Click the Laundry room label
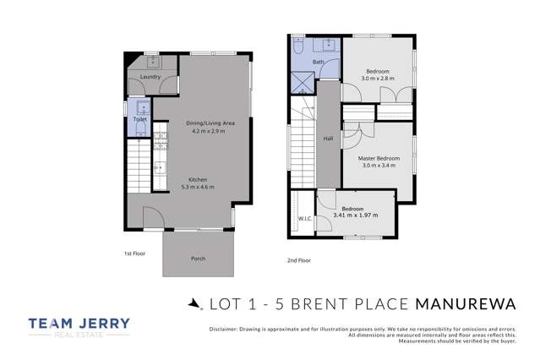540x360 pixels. click(150, 77)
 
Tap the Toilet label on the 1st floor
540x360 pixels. click(140, 120)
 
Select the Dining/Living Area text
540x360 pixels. click(210, 123)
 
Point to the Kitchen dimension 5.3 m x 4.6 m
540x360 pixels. click(198, 187)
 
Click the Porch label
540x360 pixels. click(198, 259)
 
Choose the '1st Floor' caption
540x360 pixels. click(134, 252)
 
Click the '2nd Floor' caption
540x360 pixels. click(298, 260)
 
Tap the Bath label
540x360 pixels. click(318, 63)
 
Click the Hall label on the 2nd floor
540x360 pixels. click(328, 139)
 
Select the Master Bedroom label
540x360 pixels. click(378, 158)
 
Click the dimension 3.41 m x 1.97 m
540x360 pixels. click(355, 215)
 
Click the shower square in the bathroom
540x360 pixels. click(302, 83)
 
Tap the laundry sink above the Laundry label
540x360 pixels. click(153, 61)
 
